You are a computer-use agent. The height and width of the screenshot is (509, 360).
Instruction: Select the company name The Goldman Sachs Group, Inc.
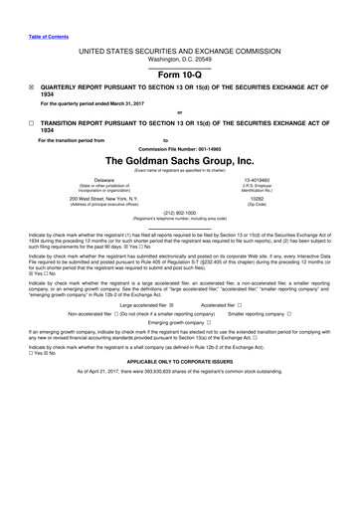tap(180, 160)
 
